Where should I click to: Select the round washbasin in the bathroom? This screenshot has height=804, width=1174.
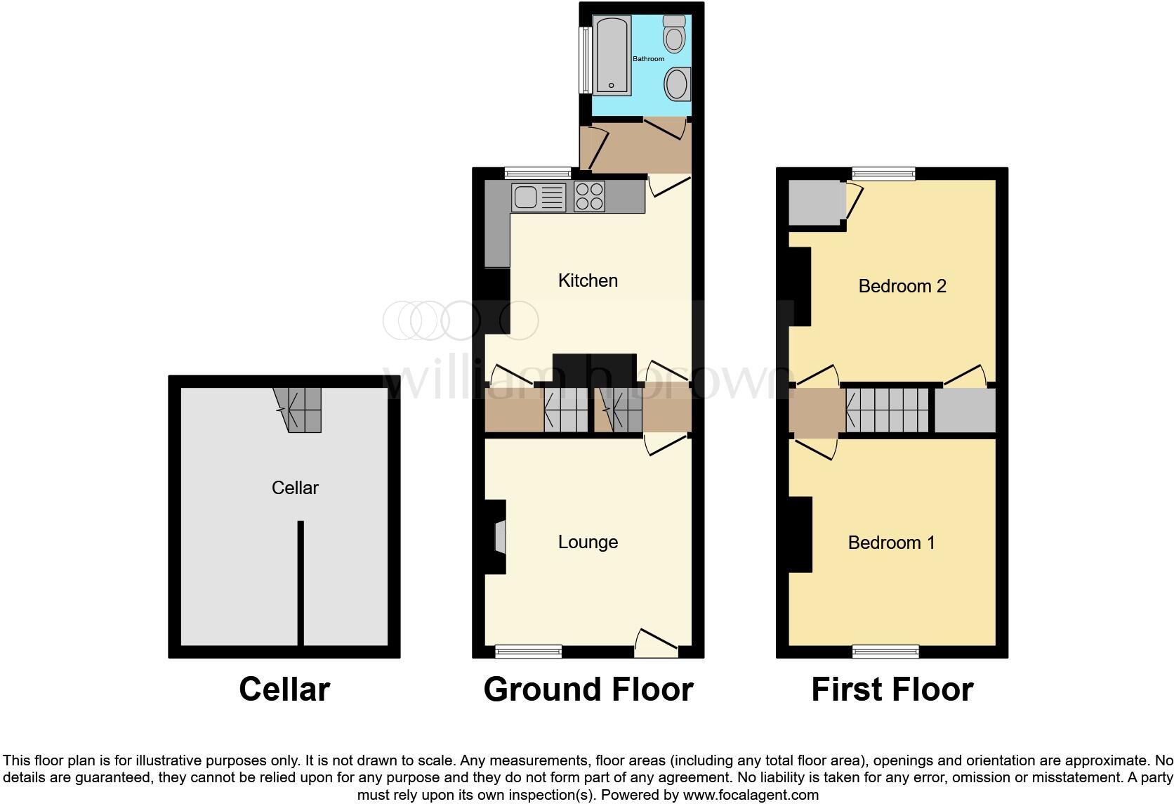678,84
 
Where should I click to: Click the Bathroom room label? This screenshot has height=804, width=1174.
648,59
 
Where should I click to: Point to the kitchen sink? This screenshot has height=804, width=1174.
539,197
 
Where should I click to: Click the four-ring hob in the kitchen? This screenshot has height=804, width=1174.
589,197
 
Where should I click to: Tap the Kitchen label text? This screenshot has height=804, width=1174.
588,280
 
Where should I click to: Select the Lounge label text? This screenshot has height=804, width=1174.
588,542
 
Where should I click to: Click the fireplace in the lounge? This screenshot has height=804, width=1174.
499,538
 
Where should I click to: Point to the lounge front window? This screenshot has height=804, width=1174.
528,651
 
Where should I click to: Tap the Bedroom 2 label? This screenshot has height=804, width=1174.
902,286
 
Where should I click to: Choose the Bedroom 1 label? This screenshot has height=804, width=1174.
891,543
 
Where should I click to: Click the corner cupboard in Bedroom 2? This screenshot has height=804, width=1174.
815,202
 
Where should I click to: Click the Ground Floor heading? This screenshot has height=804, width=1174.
588,689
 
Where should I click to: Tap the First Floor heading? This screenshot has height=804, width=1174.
892,689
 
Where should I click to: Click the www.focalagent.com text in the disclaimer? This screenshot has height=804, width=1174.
751,795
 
